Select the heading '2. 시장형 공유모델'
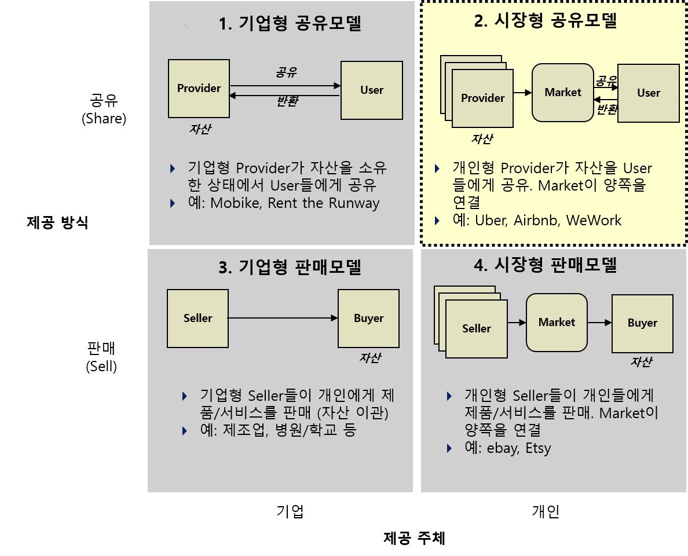coord(546,21)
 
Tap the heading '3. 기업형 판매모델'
coord(290,268)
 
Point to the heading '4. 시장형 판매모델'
coord(546,265)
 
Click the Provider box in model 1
coord(199,88)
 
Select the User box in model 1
coord(372,90)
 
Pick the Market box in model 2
coord(563,93)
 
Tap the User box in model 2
coord(648,93)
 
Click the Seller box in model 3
coord(197,318)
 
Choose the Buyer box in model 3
coord(368,318)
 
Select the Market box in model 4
coord(557,323)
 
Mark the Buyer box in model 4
coord(642,323)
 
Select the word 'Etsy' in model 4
coord(538,448)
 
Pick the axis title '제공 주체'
coord(415,539)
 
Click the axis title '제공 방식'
coord(58,223)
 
